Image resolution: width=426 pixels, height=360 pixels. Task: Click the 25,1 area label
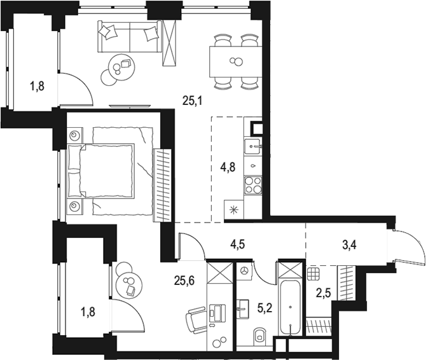point(193,102)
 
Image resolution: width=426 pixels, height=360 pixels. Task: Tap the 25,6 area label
point(184,280)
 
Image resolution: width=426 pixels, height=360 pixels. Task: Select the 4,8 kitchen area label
point(228,167)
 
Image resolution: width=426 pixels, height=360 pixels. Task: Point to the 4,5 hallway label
point(237,244)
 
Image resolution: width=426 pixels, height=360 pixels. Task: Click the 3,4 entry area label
point(349,245)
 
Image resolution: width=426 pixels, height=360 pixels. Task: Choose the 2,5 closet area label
point(324,293)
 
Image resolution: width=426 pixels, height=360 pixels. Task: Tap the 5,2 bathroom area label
point(265,308)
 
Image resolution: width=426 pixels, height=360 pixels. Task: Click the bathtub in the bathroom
point(291,308)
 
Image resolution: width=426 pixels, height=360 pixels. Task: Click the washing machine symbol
point(245,271)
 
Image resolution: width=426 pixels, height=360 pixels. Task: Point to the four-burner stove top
point(253,184)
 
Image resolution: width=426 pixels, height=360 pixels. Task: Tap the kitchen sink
point(252,146)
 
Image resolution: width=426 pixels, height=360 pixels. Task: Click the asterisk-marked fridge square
point(234,209)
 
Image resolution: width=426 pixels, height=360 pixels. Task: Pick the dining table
point(235,62)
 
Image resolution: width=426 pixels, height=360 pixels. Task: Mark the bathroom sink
point(242,308)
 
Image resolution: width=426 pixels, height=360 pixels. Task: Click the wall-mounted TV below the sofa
point(130,106)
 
